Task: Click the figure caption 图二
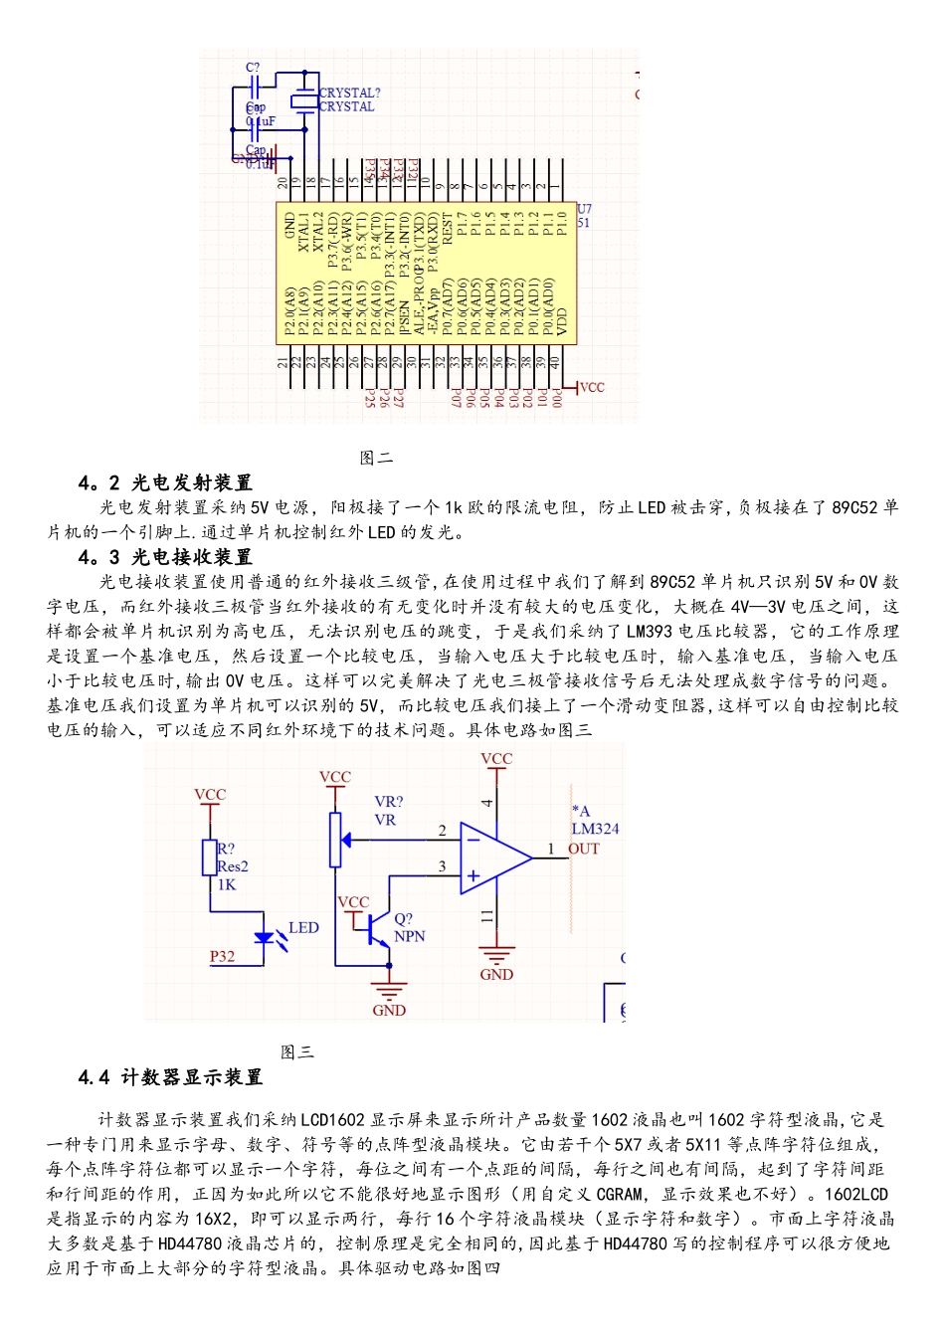tap(376, 458)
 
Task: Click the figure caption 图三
tap(296, 1051)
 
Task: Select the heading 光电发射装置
tap(192, 482)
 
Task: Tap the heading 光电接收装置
tap(192, 557)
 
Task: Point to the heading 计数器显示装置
tap(192, 1077)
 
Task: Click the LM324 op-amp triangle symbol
tap(493, 857)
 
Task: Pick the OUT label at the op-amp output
tap(584, 849)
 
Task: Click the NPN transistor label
tap(409, 936)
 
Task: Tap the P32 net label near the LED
tap(222, 957)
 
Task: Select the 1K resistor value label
tap(227, 884)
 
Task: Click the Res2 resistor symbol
tap(210, 858)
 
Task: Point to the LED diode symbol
tap(265, 937)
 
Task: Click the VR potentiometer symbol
tap(335, 839)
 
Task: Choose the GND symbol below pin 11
tap(496, 958)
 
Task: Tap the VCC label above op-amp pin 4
tap(496, 759)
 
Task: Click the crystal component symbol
tap(303, 100)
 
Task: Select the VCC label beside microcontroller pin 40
tap(591, 387)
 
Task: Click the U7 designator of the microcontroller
tap(584, 209)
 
